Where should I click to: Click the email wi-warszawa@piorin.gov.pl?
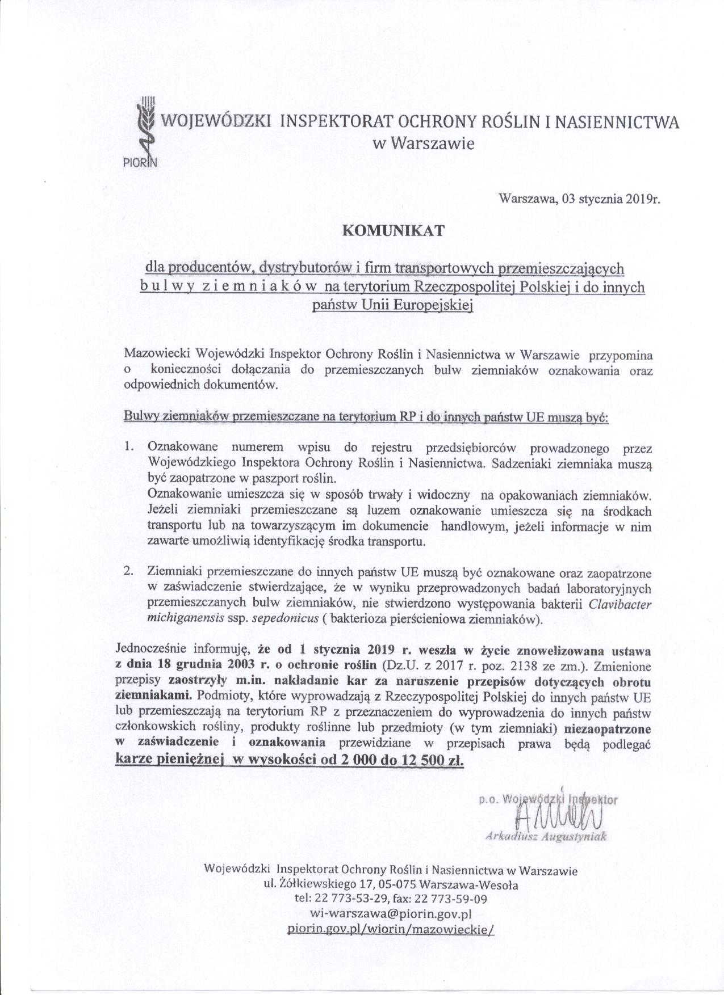click(392, 913)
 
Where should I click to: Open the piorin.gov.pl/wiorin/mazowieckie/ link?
click(392, 929)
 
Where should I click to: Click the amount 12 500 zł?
click(434, 760)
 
